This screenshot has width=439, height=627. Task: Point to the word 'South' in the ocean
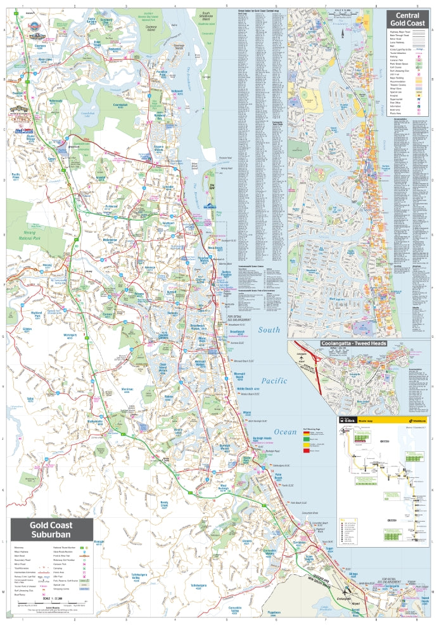click(269, 330)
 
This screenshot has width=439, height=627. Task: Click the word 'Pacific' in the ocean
click(272, 381)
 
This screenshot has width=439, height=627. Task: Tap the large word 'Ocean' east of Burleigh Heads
click(285, 432)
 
